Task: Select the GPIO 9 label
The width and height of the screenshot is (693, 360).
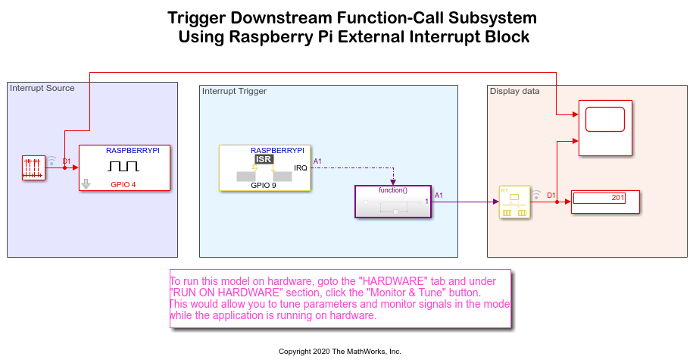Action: point(264,184)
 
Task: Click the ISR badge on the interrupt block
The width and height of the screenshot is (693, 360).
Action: point(264,159)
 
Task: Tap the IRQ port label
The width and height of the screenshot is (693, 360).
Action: point(300,167)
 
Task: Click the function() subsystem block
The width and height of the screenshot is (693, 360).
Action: point(392,202)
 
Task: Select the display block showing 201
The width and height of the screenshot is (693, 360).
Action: point(605,202)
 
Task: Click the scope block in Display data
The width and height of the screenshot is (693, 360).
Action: point(605,128)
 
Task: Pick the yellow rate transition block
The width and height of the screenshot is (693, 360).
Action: point(514,202)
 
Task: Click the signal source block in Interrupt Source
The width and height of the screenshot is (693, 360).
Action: point(34,167)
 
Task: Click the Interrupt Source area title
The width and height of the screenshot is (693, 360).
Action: point(42,88)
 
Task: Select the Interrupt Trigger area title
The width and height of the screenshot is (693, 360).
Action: point(234,91)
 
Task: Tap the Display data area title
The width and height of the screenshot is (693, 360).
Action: point(515,91)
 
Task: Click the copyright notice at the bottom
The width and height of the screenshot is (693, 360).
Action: point(340,352)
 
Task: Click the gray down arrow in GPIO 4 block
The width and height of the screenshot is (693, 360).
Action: point(86,183)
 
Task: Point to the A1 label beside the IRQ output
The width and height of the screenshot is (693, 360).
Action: point(317,161)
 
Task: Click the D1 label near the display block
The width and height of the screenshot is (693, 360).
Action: point(551,195)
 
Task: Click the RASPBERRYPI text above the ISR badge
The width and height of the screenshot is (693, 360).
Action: point(277,150)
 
